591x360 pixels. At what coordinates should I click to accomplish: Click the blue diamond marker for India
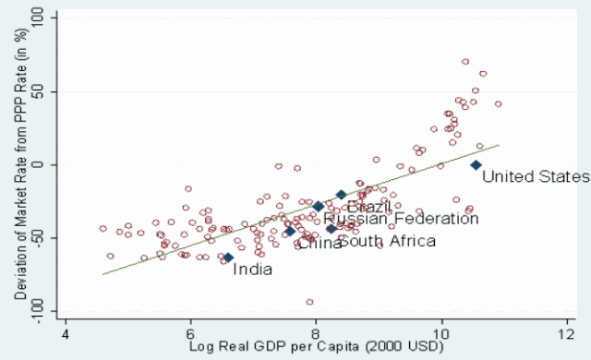pos(228,258)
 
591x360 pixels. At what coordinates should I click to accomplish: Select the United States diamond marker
pos(476,165)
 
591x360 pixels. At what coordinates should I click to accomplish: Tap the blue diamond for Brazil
pos(341,195)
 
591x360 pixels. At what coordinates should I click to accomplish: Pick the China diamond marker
pos(289,231)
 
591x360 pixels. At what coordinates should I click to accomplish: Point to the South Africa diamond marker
pos(332,229)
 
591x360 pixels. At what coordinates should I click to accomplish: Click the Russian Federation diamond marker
pos(319,206)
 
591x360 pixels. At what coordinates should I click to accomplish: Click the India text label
pos(252,270)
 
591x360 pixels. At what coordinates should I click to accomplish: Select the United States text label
pos(536,176)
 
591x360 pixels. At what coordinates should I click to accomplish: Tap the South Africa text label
pos(388,241)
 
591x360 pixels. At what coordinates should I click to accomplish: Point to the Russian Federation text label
pos(401,219)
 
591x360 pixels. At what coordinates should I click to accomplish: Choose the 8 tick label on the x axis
pos(316,334)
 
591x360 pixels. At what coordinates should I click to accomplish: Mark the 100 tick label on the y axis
pos(37,18)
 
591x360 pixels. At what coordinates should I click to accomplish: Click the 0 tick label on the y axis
pos(37,164)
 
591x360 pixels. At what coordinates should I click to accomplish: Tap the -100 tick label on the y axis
pos(37,311)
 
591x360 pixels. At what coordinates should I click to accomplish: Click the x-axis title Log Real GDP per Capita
pos(316,346)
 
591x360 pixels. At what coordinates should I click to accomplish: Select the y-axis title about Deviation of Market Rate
pos(20,164)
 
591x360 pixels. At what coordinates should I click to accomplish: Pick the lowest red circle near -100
pos(309,302)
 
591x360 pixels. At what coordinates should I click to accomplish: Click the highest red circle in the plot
pos(465,62)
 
